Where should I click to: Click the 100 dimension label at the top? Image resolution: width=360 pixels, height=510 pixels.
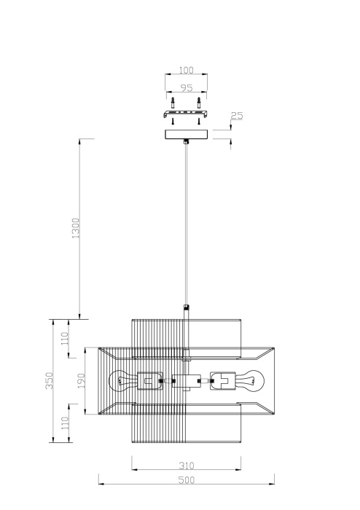[x=187, y=70]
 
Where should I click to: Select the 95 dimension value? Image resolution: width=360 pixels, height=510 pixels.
[x=187, y=89]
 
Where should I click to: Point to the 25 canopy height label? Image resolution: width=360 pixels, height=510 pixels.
[x=237, y=116]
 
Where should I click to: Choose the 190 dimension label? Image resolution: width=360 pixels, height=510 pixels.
[x=82, y=380]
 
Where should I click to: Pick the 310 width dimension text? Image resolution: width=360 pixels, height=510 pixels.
[x=187, y=464]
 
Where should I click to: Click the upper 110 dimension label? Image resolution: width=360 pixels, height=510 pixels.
[x=65, y=339]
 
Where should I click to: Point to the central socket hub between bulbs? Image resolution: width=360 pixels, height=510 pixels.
[x=186, y=380]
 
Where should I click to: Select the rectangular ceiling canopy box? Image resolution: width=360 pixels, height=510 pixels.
[x=187, y=134]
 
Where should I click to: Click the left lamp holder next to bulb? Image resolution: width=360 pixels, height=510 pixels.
[x=149, y=380]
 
